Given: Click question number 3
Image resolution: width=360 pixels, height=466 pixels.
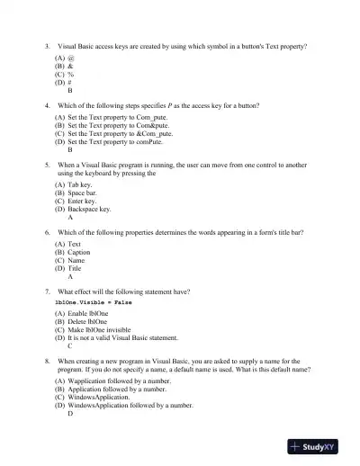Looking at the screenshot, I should [46, 45].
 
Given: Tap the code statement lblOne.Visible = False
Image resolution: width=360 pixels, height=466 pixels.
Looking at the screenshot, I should [100, 302].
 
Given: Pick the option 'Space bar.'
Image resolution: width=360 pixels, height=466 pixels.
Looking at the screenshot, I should [82, 193].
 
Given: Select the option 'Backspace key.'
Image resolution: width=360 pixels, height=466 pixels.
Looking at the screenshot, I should [89, 209].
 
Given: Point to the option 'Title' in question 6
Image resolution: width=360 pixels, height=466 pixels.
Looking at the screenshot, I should [75, 268].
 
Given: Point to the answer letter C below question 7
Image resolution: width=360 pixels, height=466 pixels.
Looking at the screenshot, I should [70, 345].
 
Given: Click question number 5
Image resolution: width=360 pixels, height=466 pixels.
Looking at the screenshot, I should [46, 166].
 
